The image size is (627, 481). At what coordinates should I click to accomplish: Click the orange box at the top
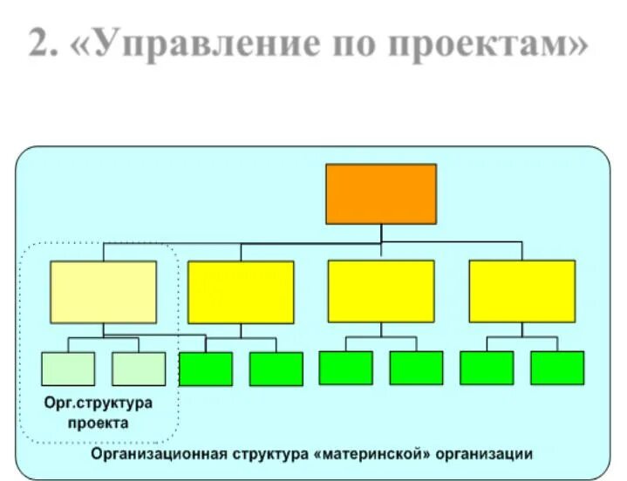coord(381,193)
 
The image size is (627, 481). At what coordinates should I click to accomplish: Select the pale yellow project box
coord(103,292)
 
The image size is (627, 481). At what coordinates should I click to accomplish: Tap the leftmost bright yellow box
coord(241,292)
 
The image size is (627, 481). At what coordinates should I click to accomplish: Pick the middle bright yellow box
coord(381,292)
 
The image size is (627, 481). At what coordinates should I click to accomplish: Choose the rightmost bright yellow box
coord(521,292)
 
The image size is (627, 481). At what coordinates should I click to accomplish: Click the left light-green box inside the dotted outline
coord(68,369)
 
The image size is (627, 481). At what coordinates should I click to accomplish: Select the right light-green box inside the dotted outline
coord(139,369)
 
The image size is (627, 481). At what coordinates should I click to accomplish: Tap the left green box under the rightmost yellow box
coord(487,368)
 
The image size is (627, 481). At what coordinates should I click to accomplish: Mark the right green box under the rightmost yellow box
coord(557,368)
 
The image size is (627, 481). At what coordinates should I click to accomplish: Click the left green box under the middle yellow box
coord(345,368)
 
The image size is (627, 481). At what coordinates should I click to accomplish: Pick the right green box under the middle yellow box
coord(416,368)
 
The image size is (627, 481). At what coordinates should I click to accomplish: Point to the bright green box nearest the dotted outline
coord(206,369)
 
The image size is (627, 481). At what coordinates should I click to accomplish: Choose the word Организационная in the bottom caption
coord(160,454)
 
